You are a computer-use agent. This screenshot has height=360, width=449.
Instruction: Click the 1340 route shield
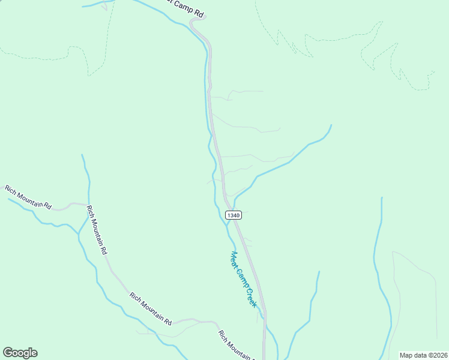233,215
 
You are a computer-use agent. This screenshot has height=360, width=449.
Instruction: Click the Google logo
20,353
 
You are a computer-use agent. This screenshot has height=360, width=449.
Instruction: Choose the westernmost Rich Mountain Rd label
28,197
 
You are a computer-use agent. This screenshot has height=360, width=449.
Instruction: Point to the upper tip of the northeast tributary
331,125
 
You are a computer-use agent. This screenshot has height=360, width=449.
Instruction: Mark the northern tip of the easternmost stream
381,197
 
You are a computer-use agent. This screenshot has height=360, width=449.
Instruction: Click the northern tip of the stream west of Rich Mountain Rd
82,155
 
